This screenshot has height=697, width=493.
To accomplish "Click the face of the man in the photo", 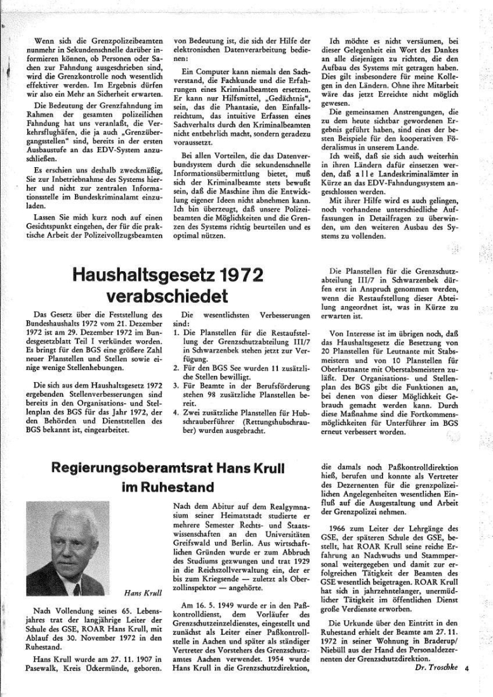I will click(67, 533).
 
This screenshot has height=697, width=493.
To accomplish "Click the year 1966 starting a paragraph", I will click(340, 528).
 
